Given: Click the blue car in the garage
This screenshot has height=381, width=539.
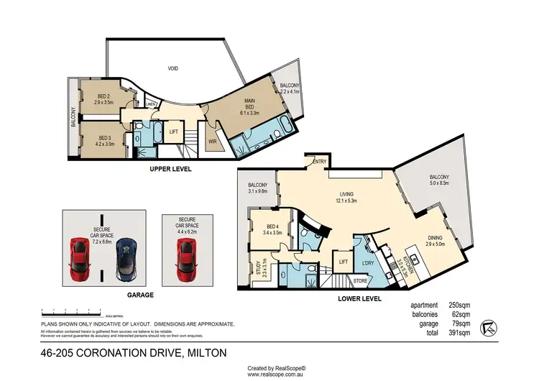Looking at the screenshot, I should tap(126, 260).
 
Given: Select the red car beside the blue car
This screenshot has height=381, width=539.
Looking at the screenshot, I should tap(79, 260).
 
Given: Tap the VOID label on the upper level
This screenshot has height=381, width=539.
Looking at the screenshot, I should tap(172, 68).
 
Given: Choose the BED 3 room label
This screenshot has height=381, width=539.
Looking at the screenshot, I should tap(105, 137).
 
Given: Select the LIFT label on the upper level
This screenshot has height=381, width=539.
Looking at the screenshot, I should tap(174, 132).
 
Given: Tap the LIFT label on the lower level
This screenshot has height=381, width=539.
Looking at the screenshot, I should tap(344, 262).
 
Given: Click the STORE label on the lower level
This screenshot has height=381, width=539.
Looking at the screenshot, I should tap(361, 280).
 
